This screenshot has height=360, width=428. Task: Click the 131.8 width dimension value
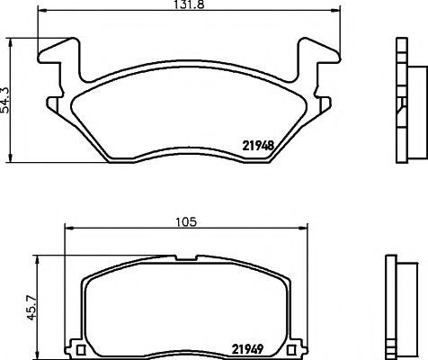point(189,4)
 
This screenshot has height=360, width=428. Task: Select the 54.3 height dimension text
point(5,101)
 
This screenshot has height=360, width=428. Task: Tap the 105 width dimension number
point(186,222)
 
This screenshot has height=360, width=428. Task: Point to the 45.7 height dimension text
point(31,308)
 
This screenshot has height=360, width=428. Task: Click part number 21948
point(258,146)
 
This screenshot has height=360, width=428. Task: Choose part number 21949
point(247,349)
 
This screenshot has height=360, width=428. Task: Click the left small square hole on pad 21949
point(81,350)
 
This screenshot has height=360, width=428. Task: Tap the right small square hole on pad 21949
point(290,350)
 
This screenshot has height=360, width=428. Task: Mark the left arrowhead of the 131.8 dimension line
point(42,11)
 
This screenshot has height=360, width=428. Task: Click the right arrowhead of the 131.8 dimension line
point(336,11)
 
